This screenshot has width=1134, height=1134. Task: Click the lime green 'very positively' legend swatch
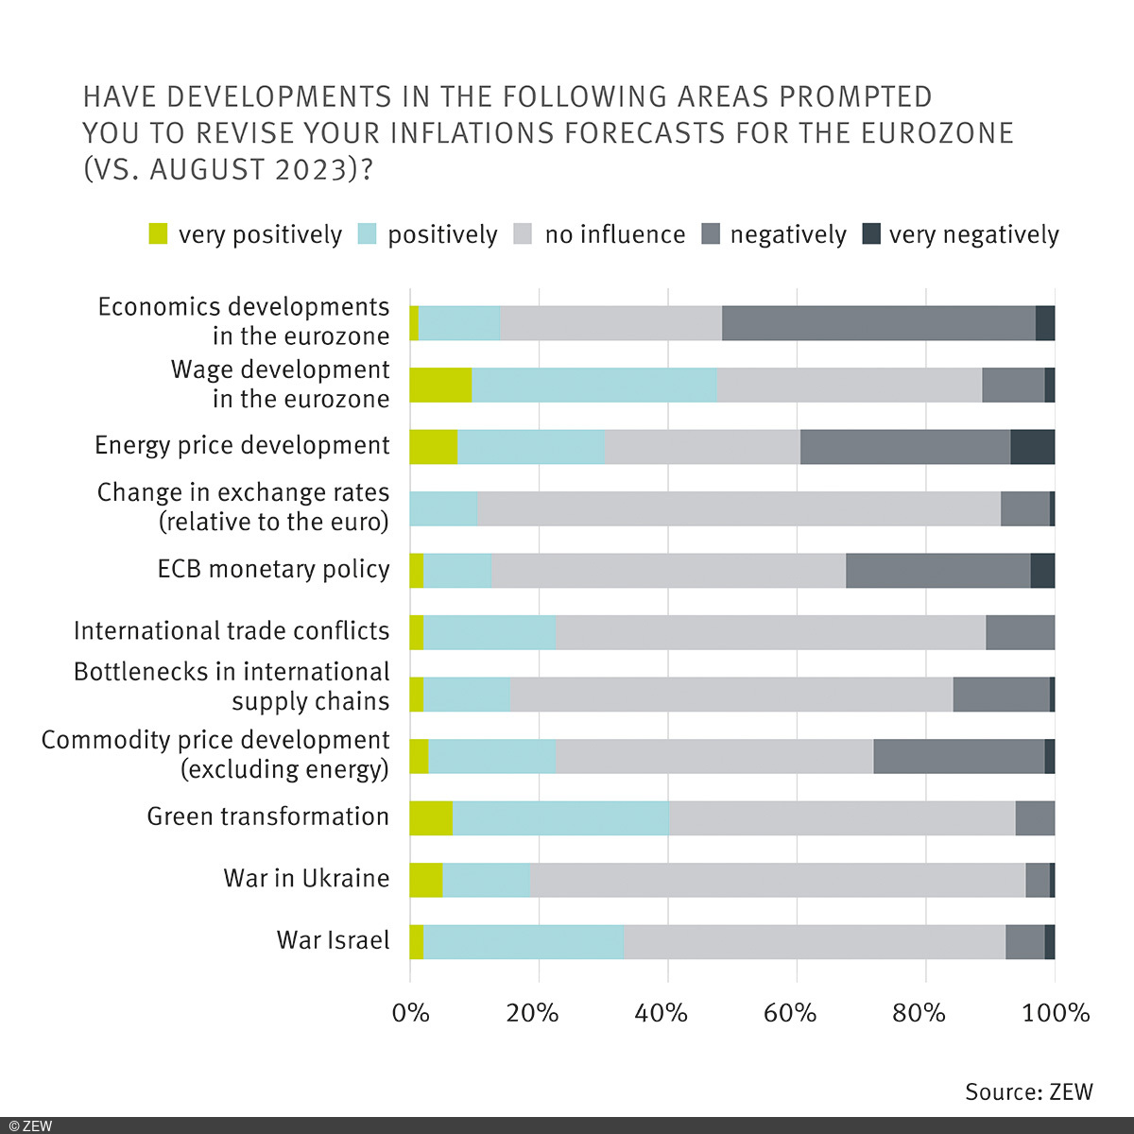tap(159, 233)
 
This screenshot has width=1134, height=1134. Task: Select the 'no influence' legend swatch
tap(524, 233)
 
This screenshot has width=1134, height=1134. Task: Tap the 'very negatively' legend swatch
tap(871, 233)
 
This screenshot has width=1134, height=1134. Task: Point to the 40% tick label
tap(661, 1013)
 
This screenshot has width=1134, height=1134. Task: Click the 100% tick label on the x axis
tap(1057, 1013)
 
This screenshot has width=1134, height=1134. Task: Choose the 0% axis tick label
tap(410, 1013)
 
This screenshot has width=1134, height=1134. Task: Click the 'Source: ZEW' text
tap(1028, 1091)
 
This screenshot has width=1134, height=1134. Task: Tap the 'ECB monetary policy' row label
tap(273, 569)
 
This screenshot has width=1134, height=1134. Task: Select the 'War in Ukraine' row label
tap(306, 878)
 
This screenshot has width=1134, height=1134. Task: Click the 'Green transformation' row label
tap(267, 816)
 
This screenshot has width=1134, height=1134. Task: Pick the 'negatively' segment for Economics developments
tap(878, 323)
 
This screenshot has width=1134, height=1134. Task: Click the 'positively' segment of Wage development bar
tap(594, 386)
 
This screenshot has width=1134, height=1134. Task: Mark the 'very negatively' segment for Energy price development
tap(1032, 447)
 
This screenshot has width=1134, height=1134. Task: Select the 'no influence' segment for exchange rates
tap(739, 508)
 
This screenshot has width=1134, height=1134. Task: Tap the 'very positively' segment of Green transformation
tap(431, 817)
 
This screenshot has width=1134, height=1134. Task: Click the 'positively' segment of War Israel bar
tap(524, 941)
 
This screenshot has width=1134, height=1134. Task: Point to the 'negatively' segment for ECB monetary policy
tap(937, 571)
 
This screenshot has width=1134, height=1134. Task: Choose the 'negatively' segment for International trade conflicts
tap(1020, 632)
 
